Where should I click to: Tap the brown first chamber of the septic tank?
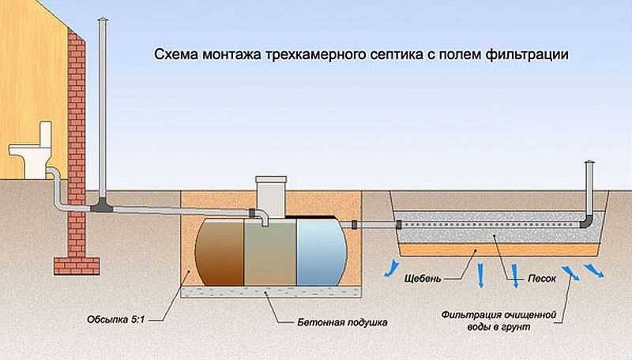220,252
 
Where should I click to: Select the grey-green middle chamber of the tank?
270,253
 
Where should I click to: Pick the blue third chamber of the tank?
322,252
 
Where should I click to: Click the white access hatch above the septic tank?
271,197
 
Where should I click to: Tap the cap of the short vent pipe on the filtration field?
589,162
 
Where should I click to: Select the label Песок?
542,278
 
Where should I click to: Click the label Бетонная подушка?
342,323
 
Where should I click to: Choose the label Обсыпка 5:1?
115,320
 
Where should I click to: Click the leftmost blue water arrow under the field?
391,268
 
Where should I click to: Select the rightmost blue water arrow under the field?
593,270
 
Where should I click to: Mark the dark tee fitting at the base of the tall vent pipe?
101,206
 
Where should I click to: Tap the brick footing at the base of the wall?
77,266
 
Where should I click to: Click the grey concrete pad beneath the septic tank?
270,292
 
